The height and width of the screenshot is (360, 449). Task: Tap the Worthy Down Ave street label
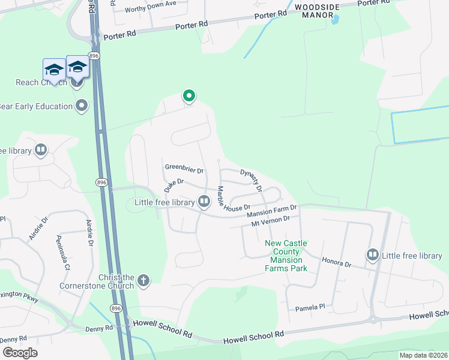click(x=150, y=4)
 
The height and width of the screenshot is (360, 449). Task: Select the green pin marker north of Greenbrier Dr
click(x=189, y=96)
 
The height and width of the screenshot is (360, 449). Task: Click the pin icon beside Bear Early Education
click(x=82, y=106)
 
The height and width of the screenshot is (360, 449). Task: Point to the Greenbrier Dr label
click(x=184, y=170)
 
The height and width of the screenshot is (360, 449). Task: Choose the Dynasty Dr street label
click(x=252, y=180)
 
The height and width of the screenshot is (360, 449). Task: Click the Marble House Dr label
click(x=229, y=199)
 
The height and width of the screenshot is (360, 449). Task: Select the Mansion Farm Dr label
click(x=272, y=212)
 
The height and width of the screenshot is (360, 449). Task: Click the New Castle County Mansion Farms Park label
click(x=286, y=256)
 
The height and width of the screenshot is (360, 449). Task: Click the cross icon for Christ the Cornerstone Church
click(x=143, y=280)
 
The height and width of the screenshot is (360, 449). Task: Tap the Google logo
click(x=19, y=352)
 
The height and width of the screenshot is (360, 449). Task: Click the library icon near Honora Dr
click(x=373, y=256)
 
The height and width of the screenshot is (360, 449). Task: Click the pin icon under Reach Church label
click(x=76, y=83)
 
